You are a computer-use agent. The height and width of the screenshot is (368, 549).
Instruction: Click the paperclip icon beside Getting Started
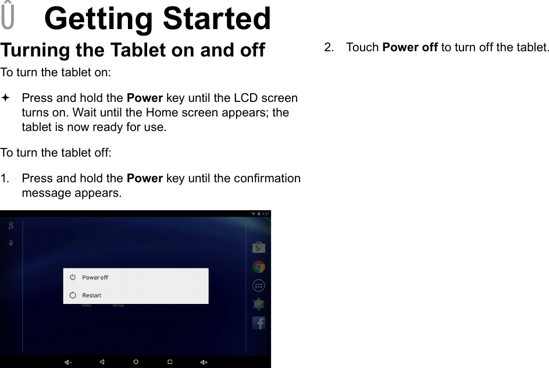tap(8, 16)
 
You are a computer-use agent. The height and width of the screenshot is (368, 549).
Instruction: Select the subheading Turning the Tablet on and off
tap(133, 50)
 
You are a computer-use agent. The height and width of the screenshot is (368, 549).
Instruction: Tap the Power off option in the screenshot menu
tap(95, 277)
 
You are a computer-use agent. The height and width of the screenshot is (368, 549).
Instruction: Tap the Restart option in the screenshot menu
tap(91, 295)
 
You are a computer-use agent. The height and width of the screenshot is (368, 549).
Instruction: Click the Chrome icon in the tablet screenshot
tap(259, 267)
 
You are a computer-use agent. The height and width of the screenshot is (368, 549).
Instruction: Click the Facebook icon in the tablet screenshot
tap(259, 323)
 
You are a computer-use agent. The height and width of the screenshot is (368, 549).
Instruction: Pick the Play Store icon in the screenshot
tap(259, 247)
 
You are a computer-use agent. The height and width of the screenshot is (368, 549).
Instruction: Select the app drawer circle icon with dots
tap(259, 285)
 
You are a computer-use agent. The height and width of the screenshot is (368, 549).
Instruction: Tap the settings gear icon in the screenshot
tap(259, 304)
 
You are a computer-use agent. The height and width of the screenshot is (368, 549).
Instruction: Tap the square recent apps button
tap(170, 362)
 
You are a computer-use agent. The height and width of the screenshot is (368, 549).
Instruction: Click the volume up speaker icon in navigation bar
tap(204, 362)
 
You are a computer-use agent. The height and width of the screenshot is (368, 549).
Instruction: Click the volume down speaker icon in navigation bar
tap(68, 362)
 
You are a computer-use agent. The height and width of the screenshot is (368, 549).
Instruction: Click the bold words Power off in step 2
tap(409, 47)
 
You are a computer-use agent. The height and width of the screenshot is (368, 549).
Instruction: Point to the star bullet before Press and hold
tap(5, 98)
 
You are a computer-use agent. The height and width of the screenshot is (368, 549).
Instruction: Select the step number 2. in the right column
tap(329, 47)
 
